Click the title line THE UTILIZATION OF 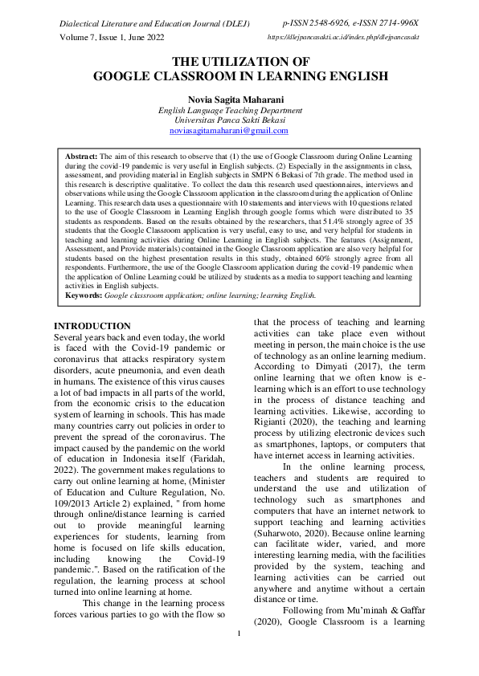[x=239, y=62]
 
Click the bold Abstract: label [x=81, y=155]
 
